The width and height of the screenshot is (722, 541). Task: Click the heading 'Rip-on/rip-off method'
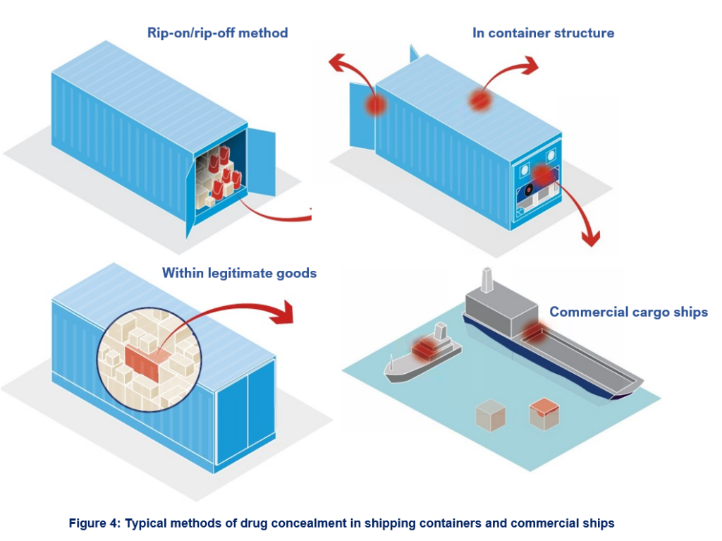[x=217, y=32]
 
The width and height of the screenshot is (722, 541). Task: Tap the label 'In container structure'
[x=543, y=32]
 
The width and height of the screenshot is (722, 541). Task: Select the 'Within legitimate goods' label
[x=239, y=272]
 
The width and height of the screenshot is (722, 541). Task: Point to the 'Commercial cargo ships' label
[x=628, y=312]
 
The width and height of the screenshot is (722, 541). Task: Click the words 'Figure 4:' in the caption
[x=94, y=523]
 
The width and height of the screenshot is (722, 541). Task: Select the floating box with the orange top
[x=544, y=413]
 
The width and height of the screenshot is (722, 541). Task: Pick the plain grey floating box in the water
[x=490, y=416]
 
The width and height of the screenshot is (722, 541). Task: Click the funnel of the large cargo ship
[x=487, y=280]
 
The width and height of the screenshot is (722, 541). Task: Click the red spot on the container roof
[x=480, y=100]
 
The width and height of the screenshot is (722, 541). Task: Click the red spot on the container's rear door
[x=377, y=104]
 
